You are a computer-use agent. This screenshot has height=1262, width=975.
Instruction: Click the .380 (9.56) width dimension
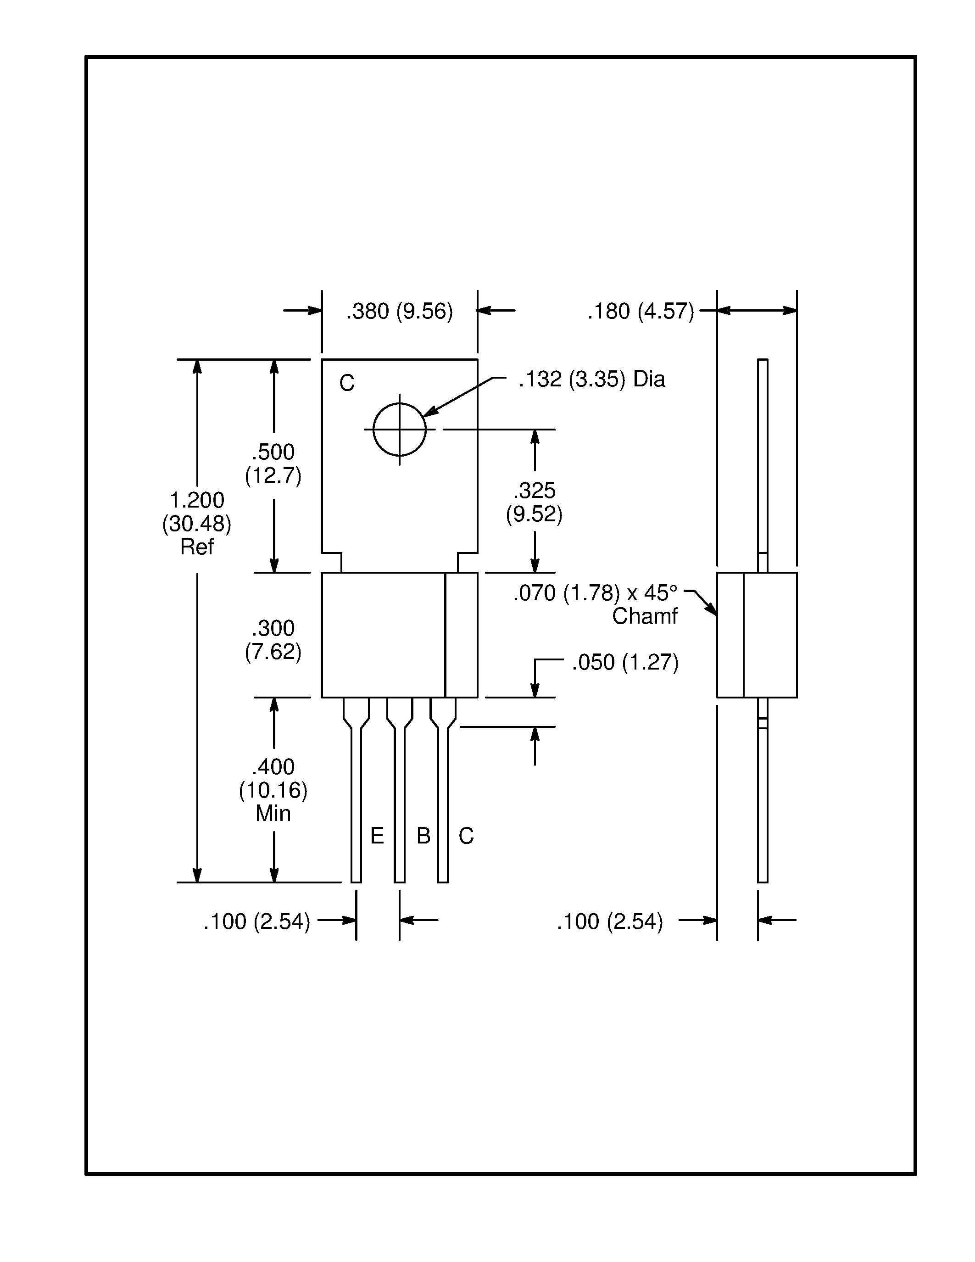tap(399, 312)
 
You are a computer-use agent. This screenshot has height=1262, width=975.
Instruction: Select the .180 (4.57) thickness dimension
tap(641, 312)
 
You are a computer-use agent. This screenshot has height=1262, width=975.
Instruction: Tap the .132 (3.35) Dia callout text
tap(591, 380)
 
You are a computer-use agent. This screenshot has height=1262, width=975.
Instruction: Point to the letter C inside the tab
tap(346, 383)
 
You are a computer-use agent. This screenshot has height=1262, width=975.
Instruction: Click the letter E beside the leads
tap(377, 836)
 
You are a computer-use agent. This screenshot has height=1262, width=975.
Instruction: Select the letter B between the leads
tap(423, 836)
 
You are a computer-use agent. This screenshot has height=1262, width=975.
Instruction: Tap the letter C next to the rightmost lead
tap(466, 836)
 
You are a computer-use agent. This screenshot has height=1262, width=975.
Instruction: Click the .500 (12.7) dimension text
tap(273, 463)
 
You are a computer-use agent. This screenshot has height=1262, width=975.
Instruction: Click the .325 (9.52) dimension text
tap(534, 502)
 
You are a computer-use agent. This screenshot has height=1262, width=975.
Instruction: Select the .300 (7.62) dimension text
tap(273, 640)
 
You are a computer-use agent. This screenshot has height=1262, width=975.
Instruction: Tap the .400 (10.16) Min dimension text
tap(273, 789)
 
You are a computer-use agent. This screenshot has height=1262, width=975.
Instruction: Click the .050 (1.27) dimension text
tap(625, 662)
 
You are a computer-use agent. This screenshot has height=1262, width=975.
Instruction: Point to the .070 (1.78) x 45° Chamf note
tap(595, 604)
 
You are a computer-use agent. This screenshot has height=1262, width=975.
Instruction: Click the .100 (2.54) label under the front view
tap(257, 921)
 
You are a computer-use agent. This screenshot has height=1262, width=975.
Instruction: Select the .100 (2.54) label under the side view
tap(610, 921)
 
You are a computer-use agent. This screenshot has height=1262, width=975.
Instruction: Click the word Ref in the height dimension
tap(197, 547)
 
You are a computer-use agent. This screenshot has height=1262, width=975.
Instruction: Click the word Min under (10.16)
tap(273, 813)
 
